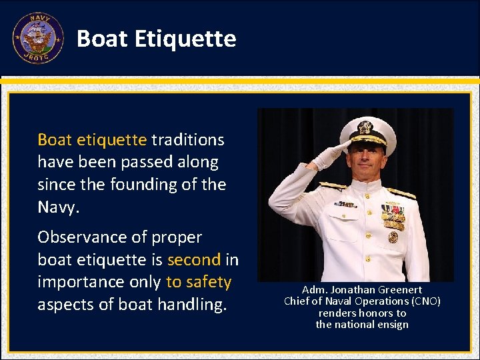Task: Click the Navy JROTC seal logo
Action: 37,38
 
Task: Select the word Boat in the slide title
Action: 102,39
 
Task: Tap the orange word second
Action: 194,259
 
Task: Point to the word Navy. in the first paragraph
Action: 59,207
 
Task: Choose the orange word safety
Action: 209,282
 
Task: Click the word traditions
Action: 188,140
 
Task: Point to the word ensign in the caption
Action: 393,325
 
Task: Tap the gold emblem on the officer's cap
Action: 365,127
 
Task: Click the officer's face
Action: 369,159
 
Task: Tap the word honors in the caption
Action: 376,313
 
